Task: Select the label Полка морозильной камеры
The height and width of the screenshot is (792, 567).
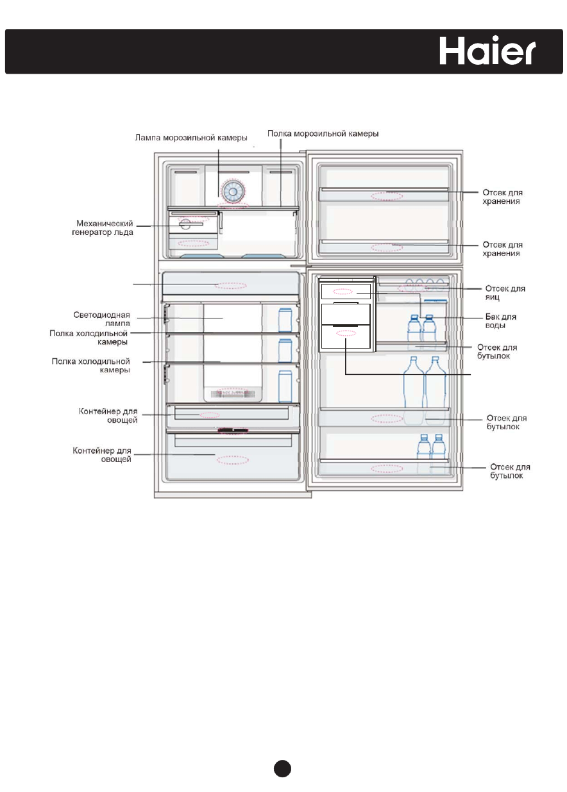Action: pyautogui.click(x=323, y=134)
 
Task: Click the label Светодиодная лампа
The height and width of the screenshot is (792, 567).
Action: pyautogui.click(x=103, y=318)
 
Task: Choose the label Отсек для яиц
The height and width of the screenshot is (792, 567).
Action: pyautogui.click(x=505, y=292)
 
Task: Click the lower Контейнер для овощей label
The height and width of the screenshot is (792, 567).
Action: pyautogui.click(x=103, y=455)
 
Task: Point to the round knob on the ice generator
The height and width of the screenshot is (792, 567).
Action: pyautogui.click(x=185, y=224)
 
